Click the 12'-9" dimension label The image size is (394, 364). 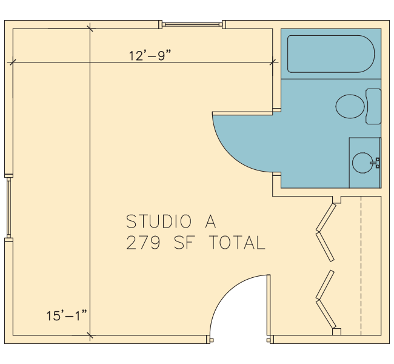pos(150,55)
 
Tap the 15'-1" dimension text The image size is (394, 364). pos(67,315)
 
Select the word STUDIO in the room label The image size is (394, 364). pos(159,221)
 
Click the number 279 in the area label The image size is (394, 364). pos(143,243)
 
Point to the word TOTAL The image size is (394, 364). pos(237,243)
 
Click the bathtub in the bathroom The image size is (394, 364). pos(331,54)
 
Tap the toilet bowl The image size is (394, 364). pos(350,106)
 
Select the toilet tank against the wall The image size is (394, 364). pos(373,106)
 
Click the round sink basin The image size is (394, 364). pos(362,163)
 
